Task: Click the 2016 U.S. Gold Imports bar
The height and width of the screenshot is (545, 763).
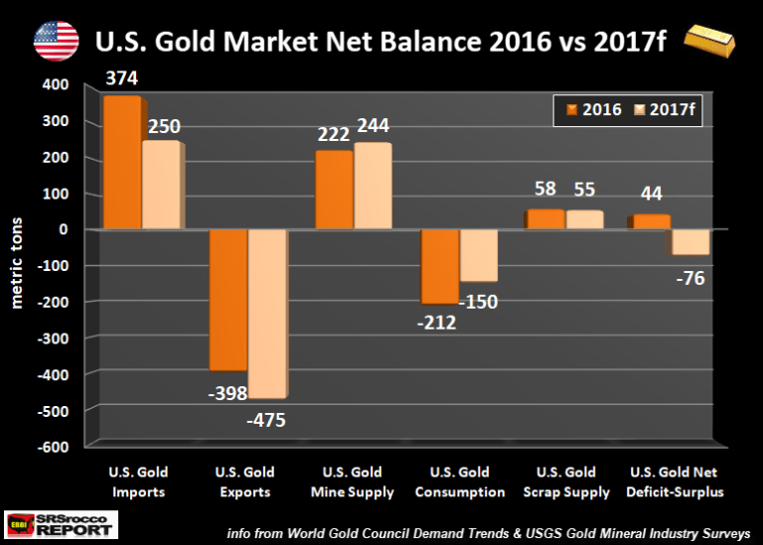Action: (x=122, y=164)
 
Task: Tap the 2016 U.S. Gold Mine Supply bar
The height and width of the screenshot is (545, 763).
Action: (x=333, y=190)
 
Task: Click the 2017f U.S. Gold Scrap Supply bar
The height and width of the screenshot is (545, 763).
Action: (x=584, y=220)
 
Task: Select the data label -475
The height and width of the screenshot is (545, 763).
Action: (x=265, y=420)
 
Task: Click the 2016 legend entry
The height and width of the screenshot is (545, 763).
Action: (x=594, y=109)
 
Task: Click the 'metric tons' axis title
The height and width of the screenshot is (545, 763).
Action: (x=17, y=265)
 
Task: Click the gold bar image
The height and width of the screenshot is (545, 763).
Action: (x=713, y=42)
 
